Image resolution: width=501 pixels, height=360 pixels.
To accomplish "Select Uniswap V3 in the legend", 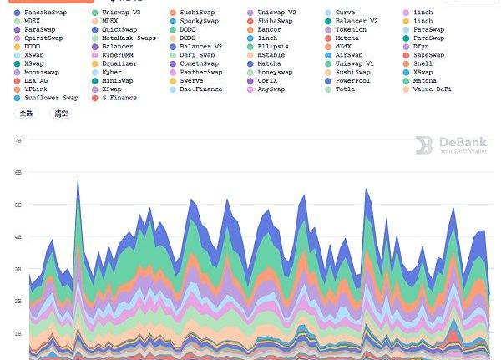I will click(x=120, y=13).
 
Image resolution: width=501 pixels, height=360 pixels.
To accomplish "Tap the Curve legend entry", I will click(x=344, y=13).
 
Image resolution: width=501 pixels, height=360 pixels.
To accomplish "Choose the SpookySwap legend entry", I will click(x=199, y=21).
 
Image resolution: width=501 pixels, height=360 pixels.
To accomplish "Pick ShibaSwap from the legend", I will click(x=275, y=21).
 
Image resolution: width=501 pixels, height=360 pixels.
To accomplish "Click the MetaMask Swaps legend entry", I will click(x=129, y=38).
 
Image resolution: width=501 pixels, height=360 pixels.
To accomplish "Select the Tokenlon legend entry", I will click(x=351, y=29).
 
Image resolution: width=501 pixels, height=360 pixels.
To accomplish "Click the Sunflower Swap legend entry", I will click(x=51, y=98).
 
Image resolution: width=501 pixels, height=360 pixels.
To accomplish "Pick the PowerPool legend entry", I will click(x=351, y=80).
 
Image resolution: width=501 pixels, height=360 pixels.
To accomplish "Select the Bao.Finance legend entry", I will click(x=200, y=89).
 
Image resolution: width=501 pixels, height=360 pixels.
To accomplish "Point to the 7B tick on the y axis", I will click(x=18, y=141).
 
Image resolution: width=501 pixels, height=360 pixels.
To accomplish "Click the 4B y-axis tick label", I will click(x=18, y=237).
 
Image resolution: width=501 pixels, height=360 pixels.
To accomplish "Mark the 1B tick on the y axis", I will click(x=18, y=332).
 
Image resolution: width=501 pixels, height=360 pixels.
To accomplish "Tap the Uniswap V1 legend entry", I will click(x=354, y=63).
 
